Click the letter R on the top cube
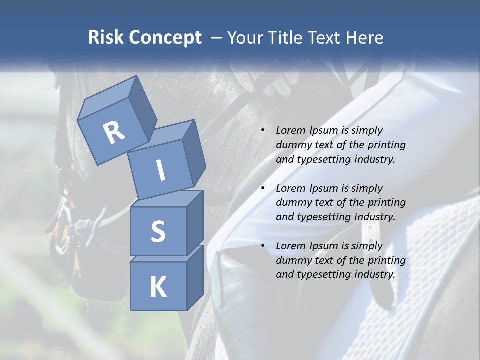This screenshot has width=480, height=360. tap(114, 132)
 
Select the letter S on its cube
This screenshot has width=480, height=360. tap(158, 232)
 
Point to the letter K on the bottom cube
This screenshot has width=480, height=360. tap(158, 287)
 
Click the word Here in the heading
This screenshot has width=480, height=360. tap(365, 37)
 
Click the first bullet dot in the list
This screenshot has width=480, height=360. tap(263, 130)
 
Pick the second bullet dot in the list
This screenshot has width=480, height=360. tap(263, 188)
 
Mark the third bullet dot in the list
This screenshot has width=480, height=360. tap(263, 246)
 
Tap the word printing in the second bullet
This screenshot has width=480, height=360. tap(386, 203)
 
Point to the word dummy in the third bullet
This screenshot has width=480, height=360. tap(292, 260)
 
